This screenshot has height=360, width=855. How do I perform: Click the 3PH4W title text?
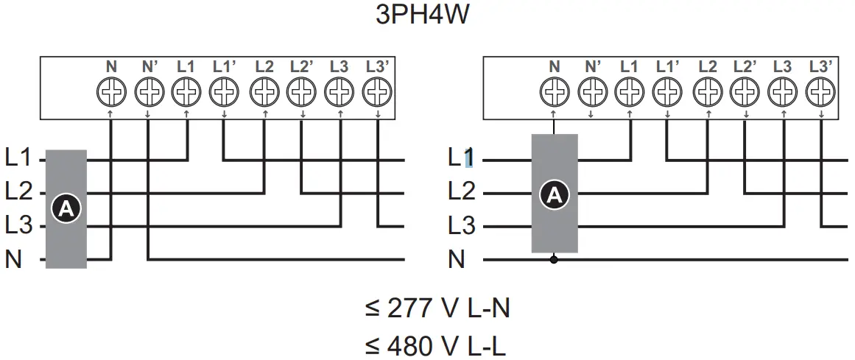422,15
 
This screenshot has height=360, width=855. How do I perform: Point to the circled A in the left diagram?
66,209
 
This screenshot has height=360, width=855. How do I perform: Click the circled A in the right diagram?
554,194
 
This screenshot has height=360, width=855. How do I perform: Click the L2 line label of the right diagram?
462,193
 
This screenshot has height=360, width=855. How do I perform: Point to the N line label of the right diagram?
457,259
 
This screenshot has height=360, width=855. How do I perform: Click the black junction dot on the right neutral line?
554,259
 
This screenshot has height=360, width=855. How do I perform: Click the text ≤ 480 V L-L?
437,345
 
